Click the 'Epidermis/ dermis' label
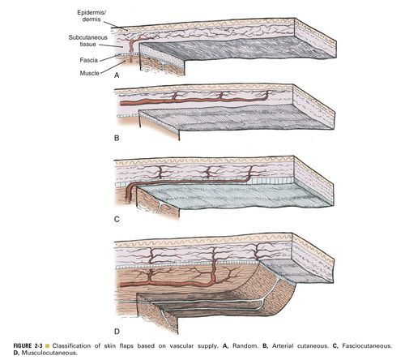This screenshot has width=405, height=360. pos(89,16)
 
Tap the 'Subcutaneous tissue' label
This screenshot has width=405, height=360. pos(87,41)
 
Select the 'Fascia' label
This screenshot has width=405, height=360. pos(88,60)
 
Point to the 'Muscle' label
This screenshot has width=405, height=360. pos(89,73)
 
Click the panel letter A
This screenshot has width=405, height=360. pos(117,75)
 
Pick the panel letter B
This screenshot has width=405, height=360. pos(117,138)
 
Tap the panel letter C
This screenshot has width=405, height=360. pos(117,219)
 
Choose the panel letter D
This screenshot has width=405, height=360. pos(117,331)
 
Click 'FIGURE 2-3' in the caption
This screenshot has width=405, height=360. pos(28,345)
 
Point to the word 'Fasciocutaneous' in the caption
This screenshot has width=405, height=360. pos(367,345)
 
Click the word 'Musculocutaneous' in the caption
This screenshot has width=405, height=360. pos(49,353)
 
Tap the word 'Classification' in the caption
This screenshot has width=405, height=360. pos(71,345)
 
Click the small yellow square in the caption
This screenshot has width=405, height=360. pos(48,346)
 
